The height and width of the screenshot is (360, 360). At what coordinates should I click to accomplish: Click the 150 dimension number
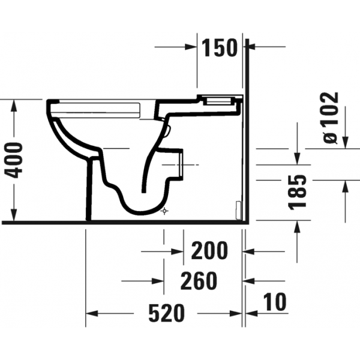[219, 48]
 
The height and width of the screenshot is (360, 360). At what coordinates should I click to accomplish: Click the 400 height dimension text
[14, 160]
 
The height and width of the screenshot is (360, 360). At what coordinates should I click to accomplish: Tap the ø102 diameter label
[331, 118]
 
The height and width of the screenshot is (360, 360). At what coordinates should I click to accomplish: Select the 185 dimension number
[297, 193]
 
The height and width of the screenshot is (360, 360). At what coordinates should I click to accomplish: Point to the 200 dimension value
[209, 250]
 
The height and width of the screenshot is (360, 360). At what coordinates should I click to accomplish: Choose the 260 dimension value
[199, 281]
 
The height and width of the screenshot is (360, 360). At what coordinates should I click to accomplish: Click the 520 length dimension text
[166, 313]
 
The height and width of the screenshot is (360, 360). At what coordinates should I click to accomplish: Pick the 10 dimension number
[275, 302]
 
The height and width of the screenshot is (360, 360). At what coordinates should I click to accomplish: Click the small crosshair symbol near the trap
[164, 211]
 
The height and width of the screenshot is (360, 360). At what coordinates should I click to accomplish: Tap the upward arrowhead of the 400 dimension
[14, 106]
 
